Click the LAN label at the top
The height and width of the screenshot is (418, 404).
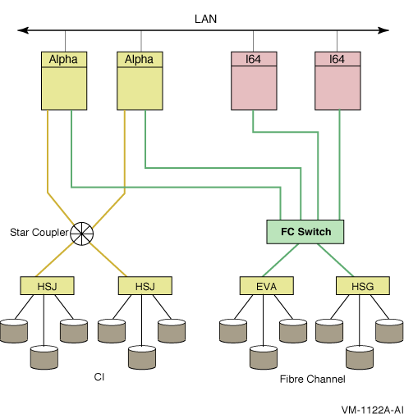[205, 19]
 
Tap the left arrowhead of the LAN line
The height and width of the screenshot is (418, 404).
[23, 30]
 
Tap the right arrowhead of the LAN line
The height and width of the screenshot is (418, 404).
[383, 30]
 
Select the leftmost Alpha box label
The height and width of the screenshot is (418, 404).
[63, 59]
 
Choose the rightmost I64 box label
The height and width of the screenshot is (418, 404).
[337, 59]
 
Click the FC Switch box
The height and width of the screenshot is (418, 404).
[305, 232]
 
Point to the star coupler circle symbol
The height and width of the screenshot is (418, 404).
[81, 234]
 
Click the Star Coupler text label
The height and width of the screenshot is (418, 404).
[39, 232]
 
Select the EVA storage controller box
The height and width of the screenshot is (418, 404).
[267, 286]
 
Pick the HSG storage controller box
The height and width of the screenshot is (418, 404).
[363, 286]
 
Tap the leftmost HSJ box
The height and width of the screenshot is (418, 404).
[47, 286]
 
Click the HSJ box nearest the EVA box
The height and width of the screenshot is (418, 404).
[145, 286]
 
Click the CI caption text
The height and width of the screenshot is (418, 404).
[99, 377]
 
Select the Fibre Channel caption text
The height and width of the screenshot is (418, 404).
[312, 379]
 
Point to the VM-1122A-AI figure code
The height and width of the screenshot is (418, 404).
[373, 410]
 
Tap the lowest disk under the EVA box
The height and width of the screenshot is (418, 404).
[264, 357]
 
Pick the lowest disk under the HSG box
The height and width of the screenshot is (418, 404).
[360, 357]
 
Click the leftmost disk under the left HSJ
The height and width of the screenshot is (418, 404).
[14, 331]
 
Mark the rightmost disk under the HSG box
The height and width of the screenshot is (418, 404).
[389, 331]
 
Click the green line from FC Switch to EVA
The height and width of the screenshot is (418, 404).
[280, 260]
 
